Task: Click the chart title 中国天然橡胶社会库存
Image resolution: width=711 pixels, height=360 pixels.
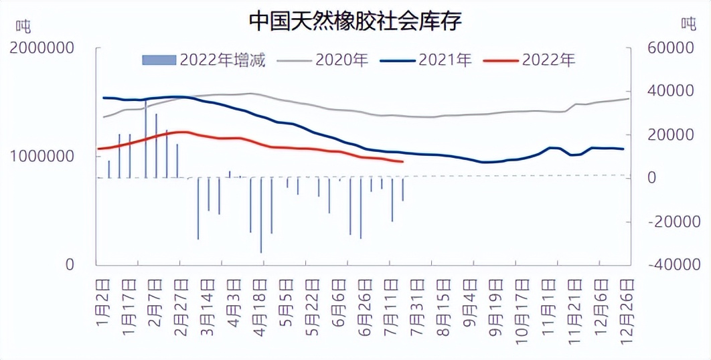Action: [355, 21]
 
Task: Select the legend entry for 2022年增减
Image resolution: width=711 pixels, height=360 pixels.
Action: [204, 60]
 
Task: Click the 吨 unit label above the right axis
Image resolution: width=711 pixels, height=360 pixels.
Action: [688, 24]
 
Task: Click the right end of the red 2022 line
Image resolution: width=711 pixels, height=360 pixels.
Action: [402, 161]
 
